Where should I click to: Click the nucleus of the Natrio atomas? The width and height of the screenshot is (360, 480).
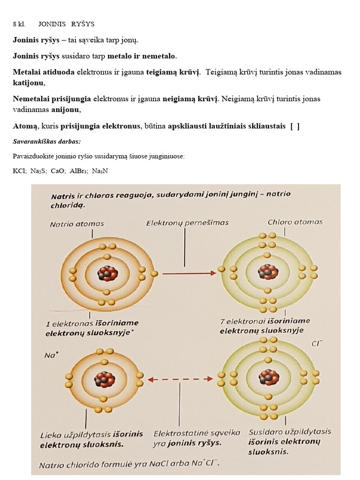(107, 273)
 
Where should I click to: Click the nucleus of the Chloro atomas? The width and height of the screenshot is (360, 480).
(268, 272)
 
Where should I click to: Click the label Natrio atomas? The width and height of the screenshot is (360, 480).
(77, 224)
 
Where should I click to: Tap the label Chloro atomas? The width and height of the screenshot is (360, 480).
(295, 222)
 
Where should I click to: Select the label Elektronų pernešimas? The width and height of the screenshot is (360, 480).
(187, 223)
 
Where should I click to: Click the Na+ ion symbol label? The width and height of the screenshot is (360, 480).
(50, 355)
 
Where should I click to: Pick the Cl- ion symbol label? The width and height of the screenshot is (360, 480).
(317, 344)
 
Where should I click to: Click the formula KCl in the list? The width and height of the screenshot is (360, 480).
(20, 171)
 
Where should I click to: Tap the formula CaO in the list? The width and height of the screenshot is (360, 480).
(59, 171)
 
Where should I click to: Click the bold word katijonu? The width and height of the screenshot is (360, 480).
(29, 83)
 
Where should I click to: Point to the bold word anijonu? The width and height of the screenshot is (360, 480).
(67, 110)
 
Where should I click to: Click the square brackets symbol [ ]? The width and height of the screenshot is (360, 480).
(295, 126)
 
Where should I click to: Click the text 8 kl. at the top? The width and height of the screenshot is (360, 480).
(19, 24)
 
